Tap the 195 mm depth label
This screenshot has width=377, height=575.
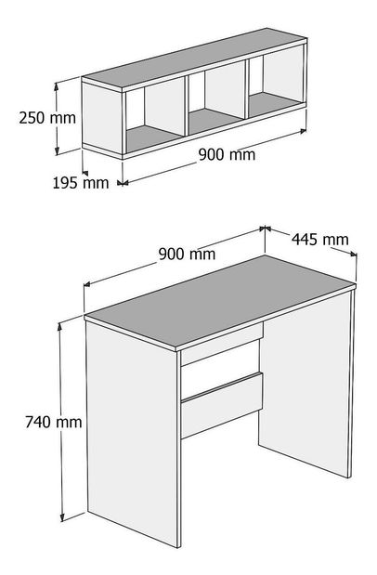coord(82,183)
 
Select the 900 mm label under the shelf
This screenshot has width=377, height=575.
coord(227,154)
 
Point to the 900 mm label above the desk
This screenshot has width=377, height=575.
coord(187,254)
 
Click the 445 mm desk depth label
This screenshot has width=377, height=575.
coord(320,239)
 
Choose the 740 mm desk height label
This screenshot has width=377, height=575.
coord(29,423)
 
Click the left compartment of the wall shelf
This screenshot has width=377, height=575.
coord(153,116)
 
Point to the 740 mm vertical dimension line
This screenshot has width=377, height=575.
coord(62,422)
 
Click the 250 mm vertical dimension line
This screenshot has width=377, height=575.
coord(58,117)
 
